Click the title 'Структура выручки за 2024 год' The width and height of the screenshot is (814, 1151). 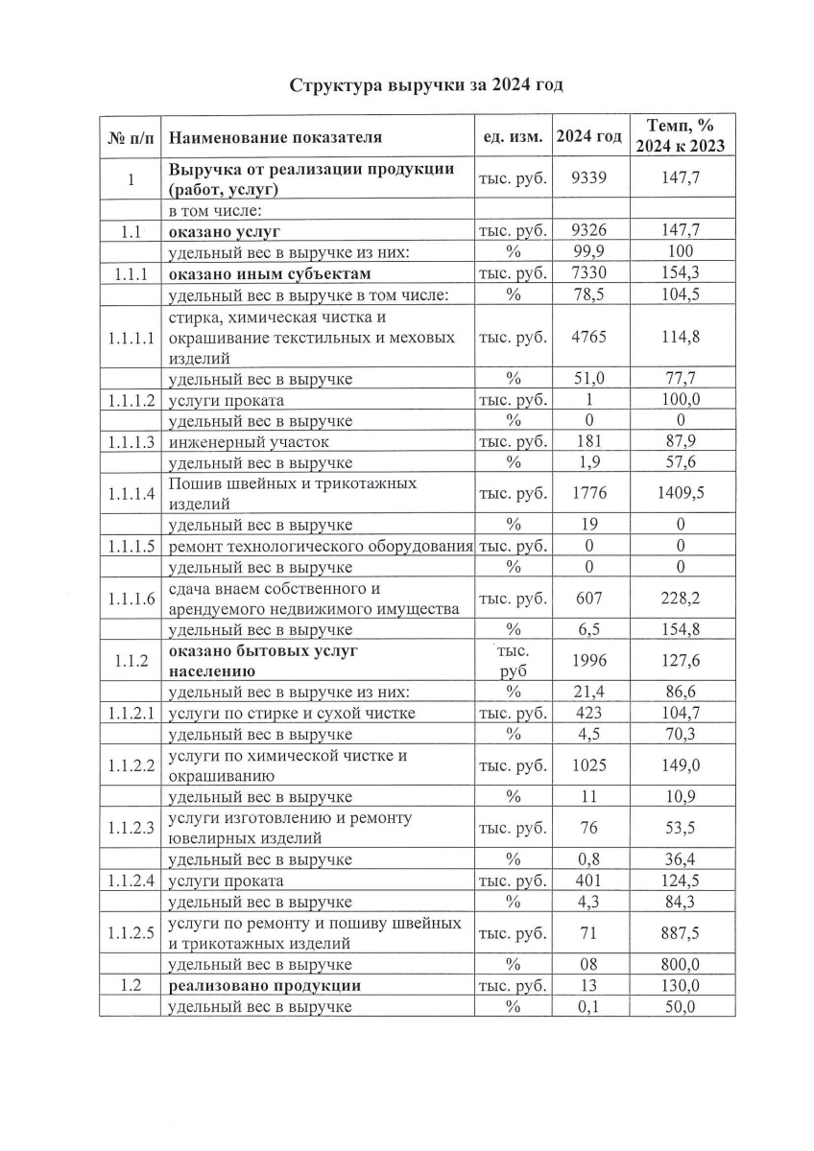[x=427, y=84]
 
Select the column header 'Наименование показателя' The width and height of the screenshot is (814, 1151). [x=275, y=137]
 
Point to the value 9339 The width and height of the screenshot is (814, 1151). [x=588, y=179]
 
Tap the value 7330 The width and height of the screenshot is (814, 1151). [x=588, y=273]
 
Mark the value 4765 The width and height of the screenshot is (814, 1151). [x=588, y=337]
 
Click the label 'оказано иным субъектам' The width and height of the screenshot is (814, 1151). [x=270, y=273]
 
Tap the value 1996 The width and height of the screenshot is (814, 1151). [x=588, y=660]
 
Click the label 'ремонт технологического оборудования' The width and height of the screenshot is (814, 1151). [x=321, y=547]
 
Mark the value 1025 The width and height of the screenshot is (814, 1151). [x=588, y=765]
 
